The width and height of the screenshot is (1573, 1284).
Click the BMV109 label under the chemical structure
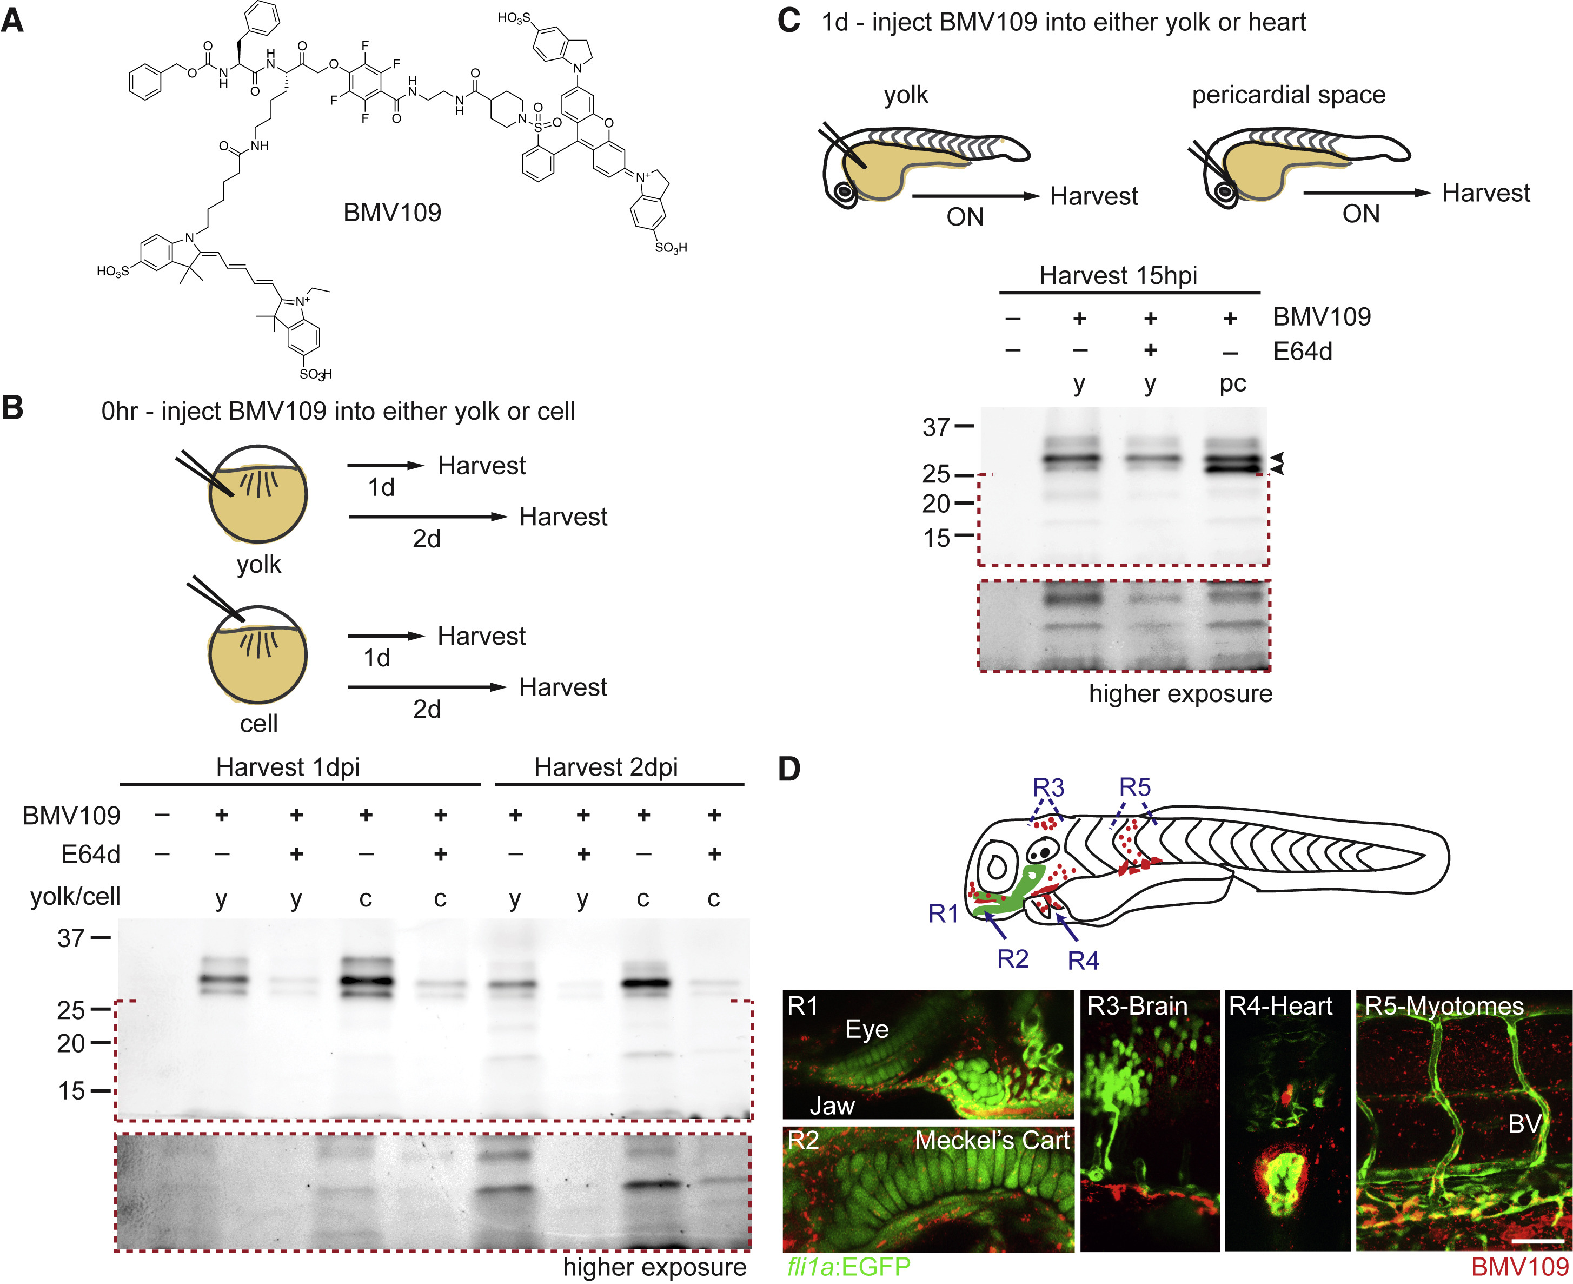[392, 213]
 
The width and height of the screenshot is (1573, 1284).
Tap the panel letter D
[789, 769]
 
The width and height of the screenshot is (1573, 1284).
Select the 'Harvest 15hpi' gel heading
[1118, 276]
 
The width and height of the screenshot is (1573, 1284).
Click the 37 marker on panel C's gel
[936, 427]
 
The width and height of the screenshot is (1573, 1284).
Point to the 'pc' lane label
[1233, 383]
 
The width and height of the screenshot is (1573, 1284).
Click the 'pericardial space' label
[1288, 95]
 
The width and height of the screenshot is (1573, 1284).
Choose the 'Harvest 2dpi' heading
[606, 767]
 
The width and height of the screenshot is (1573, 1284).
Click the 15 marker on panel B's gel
[72, 1091]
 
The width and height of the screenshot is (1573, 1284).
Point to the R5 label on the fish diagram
[1134, 787]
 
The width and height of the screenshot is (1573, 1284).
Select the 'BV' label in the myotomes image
[1524, 1125]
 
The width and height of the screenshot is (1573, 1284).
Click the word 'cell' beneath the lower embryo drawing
[259, 723]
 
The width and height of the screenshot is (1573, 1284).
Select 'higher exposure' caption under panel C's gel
[1180, 694]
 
